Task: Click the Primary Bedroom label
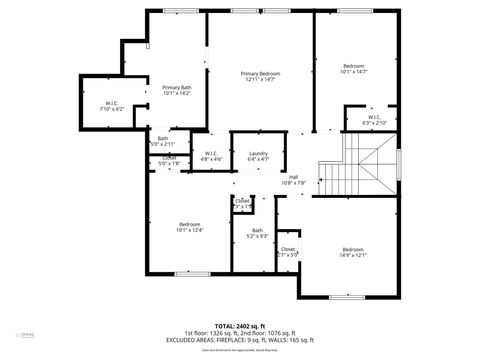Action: point(258,73)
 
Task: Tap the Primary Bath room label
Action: point(177,88)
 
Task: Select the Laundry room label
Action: point(258,153)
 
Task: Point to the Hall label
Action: point(293,177)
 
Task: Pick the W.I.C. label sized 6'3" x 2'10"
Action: point(374,118)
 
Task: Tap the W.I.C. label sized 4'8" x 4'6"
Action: point(212,153)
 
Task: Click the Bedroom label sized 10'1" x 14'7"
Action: point(354,66)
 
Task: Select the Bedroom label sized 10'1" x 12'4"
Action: point(190,223)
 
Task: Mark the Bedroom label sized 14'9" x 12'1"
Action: point(353,249)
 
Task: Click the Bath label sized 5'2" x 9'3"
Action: point(257,230)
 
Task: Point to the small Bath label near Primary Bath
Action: point(162,139)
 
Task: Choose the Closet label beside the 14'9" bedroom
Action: point(287,248)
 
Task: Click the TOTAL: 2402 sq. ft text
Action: point(240,325)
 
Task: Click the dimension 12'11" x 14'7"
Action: point(258,79)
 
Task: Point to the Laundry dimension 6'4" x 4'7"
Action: point(258,159)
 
